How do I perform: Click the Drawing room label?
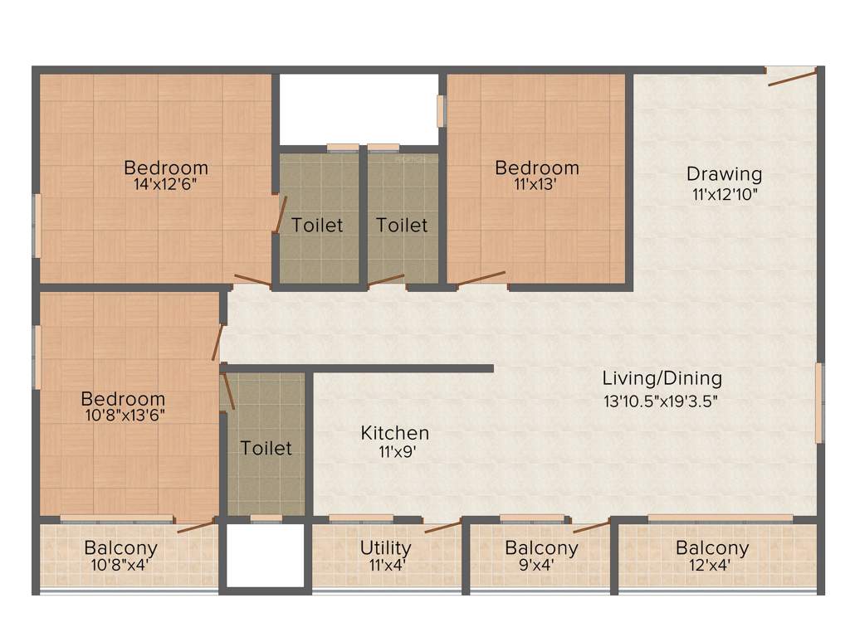(724, 174)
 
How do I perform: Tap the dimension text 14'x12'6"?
(166, 184)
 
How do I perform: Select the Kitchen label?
(395, 433)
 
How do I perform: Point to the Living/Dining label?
(662, 378)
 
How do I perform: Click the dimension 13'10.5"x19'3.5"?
(662, 401)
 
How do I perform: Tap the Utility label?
(385, 547)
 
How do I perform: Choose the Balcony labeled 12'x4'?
(711, 547)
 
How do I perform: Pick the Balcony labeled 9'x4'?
(541, 547)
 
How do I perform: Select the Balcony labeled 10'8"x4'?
(121, 547)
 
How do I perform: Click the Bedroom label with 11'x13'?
(537, 168)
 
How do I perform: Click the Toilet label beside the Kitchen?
(266, 448)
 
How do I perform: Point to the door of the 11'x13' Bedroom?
(481, 279)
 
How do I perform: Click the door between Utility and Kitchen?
(442, 526)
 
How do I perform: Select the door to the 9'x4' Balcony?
(591, 526)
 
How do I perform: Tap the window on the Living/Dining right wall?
(818, 402)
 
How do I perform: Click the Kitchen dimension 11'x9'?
(395, 452)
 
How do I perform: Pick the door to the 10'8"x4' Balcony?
(197, 524)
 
